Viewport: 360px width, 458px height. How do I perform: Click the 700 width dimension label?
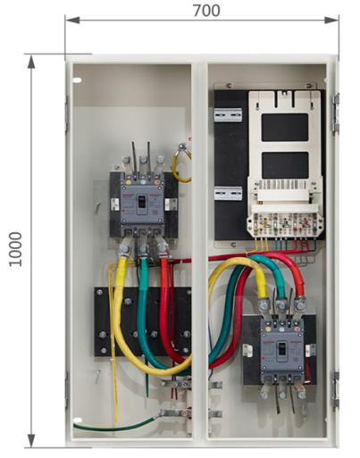206,11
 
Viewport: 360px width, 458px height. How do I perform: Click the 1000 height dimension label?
15,249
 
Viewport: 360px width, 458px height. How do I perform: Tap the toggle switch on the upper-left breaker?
142,202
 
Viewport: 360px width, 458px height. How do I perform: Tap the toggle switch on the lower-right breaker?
281,349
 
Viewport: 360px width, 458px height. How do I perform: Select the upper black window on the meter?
285,128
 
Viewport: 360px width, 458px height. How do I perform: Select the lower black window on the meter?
285,165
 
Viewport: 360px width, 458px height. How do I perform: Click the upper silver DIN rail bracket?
228,115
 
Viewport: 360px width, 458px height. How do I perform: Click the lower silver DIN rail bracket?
228,193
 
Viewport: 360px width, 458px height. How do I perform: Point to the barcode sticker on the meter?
285,185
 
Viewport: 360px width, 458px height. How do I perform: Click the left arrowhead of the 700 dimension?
72,20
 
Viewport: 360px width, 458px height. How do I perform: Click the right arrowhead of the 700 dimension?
331,20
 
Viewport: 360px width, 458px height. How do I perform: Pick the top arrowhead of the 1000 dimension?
31,62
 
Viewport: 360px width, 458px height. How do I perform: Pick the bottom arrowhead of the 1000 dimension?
31,440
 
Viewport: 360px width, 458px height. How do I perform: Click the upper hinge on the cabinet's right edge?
336,113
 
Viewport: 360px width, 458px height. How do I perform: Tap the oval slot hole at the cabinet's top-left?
77,80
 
